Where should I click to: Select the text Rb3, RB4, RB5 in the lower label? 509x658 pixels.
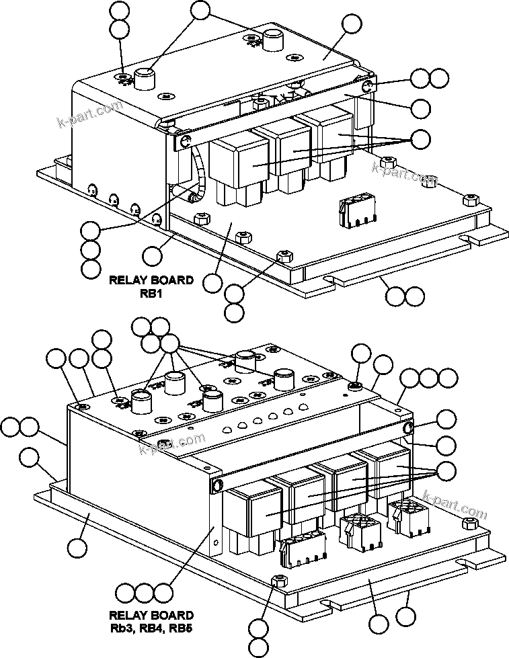click(151, 628)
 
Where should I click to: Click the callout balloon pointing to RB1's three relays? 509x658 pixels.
click(420, 139)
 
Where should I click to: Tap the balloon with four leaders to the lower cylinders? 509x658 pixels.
click(171, 345)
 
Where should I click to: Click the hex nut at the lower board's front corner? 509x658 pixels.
click(278, 581)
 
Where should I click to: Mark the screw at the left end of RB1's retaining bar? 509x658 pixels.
click(184, 140)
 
